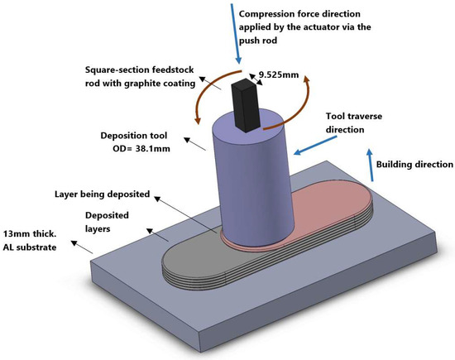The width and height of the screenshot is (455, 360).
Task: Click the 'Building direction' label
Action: click(412, 164)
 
